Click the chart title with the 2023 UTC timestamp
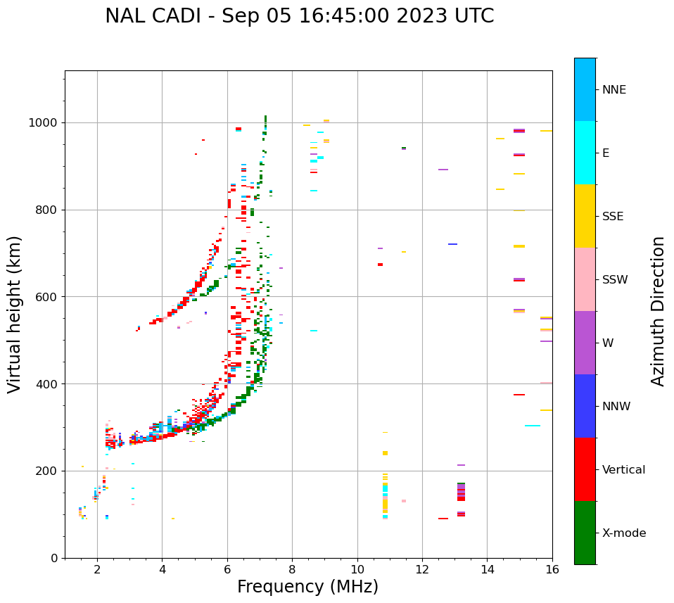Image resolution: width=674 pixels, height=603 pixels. (x=299, y=16)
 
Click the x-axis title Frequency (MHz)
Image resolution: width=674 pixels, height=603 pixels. (x=307, y=587)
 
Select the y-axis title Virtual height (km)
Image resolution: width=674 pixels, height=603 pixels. (x=15, y=314)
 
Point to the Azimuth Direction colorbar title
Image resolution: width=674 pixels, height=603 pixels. (x=658, y=310)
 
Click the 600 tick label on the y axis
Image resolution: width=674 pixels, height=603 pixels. (x=47, y=297)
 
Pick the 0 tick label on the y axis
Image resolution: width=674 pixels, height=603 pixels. (x=54, y=558)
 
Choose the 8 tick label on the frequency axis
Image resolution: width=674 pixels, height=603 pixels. (x=292, y=570)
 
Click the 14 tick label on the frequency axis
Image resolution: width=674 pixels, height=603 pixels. (x=487, y=570)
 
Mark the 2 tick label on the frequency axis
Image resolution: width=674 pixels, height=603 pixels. (x=97, y=570)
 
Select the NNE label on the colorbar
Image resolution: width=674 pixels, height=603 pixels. (x=613, y=90)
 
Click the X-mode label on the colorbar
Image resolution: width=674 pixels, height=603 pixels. (x=624, y=533)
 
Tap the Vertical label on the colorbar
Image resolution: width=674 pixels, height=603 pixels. (x=623, y=470)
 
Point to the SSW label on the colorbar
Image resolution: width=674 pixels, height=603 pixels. (x=615, y=280)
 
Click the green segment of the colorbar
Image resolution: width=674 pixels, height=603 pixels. (x=585, y=533)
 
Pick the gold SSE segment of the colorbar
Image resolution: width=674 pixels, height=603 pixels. (x=585, y=216)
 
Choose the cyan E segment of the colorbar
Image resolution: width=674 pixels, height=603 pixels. (x=585, y=153)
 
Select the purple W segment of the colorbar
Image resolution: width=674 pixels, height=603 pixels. (x=585, y=343)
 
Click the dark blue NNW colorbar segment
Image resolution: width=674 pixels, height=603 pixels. (x=585, y=406)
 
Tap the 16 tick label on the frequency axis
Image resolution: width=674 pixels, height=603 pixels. (x=552, y=570)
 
